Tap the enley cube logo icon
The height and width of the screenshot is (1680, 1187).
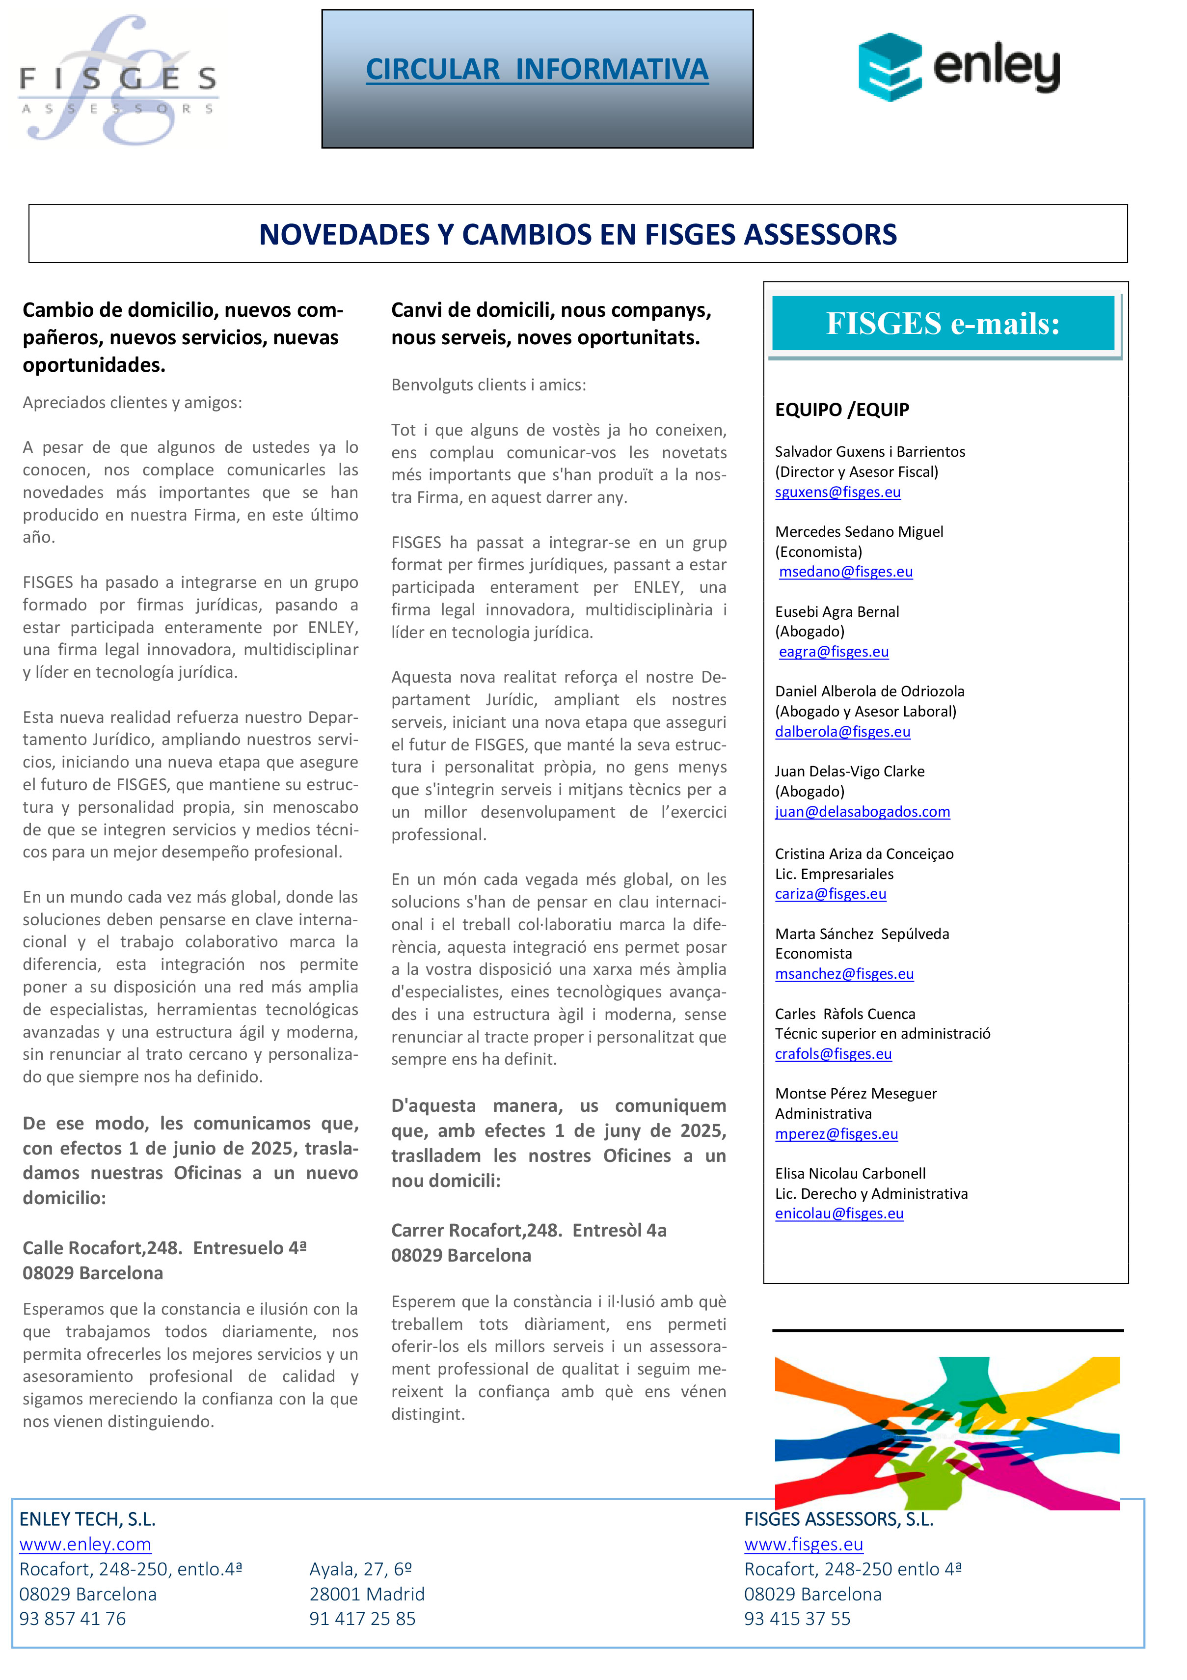coord(890,67)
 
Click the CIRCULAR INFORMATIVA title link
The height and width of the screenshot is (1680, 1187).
coord(537,70)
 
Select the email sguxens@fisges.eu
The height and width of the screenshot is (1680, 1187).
coord(837,492)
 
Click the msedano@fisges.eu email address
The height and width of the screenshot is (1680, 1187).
coord(845,572)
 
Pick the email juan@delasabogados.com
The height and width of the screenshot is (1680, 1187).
coord(863,811)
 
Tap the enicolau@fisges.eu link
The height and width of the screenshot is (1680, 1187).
coord(839,1213)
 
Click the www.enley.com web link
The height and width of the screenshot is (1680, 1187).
coord(85,1544)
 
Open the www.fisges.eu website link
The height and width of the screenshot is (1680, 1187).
coord(803,1544)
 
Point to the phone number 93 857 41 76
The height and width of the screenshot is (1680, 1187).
coord(72,1619)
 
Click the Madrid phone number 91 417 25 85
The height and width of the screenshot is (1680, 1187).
coord(362,1619)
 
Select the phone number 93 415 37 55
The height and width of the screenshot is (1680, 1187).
coord(797,1619)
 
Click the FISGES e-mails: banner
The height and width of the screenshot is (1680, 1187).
coord(943,324)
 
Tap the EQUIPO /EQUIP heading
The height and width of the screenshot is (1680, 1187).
coord(842,410)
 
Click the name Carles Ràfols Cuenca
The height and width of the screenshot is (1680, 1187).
coord(845,1014)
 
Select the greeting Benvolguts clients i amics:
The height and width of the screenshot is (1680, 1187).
coord(488,385)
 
